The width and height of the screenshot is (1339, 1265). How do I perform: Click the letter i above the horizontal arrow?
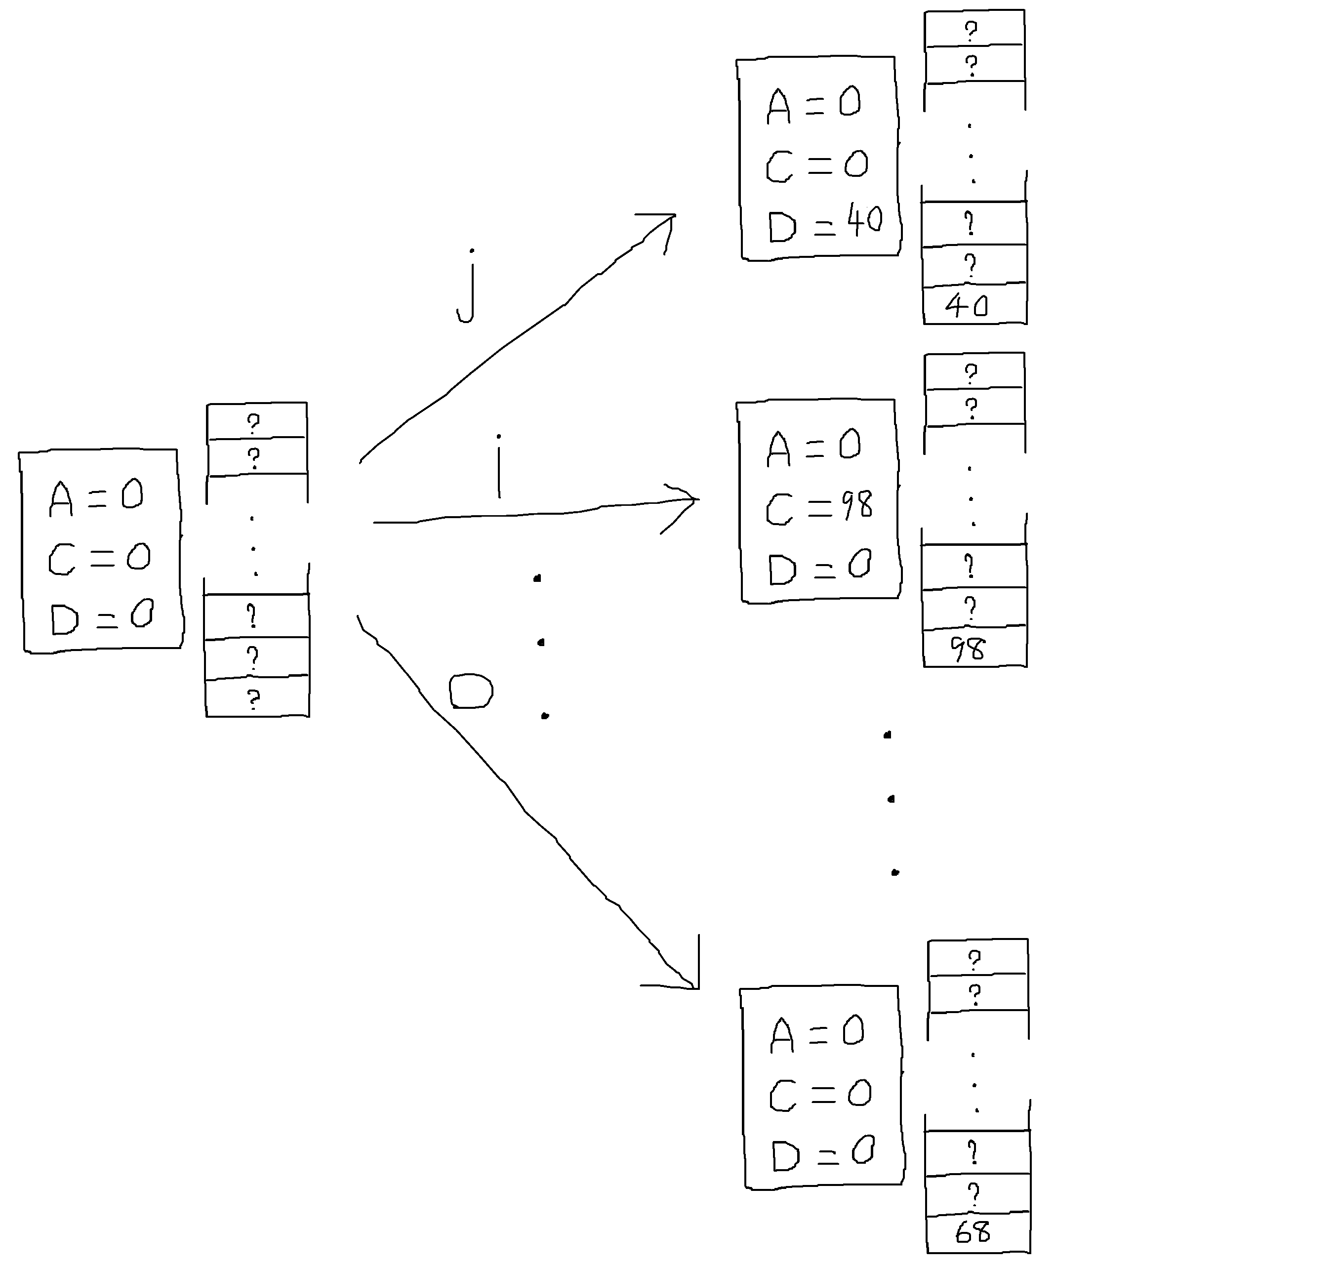[x=498, y=467]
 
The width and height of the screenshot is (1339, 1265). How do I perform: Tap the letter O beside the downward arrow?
[x=471, y=691]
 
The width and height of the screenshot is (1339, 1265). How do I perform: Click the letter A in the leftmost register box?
[x=61, y=499]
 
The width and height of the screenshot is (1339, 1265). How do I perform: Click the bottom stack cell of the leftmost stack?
[x=256, y=698]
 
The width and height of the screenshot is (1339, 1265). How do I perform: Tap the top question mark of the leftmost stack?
[x=253, y=423]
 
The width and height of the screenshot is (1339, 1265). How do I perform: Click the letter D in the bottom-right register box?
[x=785, y=1156]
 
